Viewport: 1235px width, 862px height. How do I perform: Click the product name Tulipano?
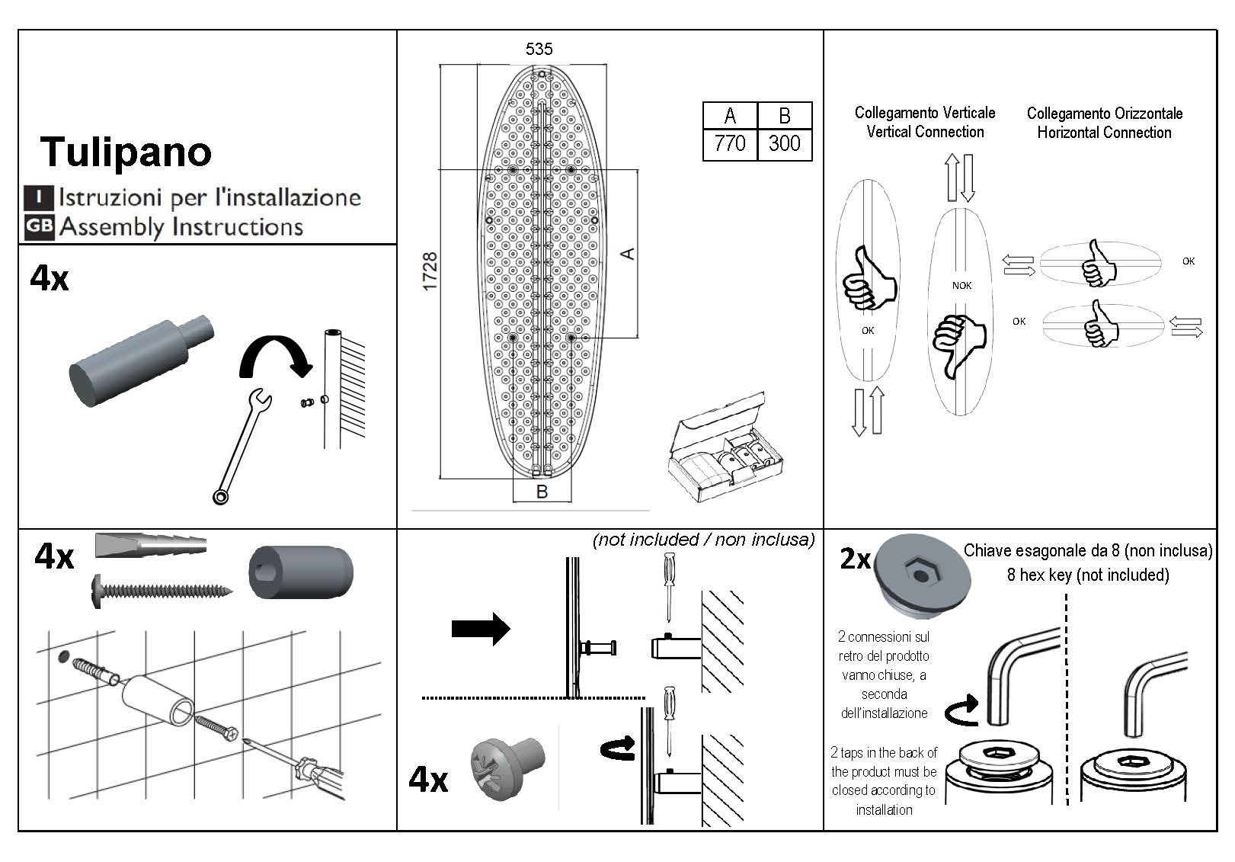[x=126, y=152]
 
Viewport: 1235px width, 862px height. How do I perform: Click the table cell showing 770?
[x=729, y=143]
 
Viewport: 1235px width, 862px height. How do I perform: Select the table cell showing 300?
[x=784, y=143]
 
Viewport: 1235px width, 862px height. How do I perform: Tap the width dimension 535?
[x=539, y=50]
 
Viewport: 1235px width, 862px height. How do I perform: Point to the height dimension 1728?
[x=430, y=271]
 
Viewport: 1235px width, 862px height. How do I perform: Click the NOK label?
[x=961, y=286]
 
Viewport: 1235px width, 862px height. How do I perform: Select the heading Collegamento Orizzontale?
[x=1104, y=114]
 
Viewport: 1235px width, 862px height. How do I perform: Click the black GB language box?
[x=38, y=226]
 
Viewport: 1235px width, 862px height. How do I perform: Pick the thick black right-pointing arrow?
[x=481, y=629]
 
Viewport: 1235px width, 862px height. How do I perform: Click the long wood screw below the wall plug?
[x=162, y=589]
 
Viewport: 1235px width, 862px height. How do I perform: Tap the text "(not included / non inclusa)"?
[x=703, y=540]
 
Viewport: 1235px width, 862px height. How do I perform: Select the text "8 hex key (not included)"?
[x=1087, y=575]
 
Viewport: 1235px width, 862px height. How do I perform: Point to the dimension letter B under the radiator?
[x=542, y=492]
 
